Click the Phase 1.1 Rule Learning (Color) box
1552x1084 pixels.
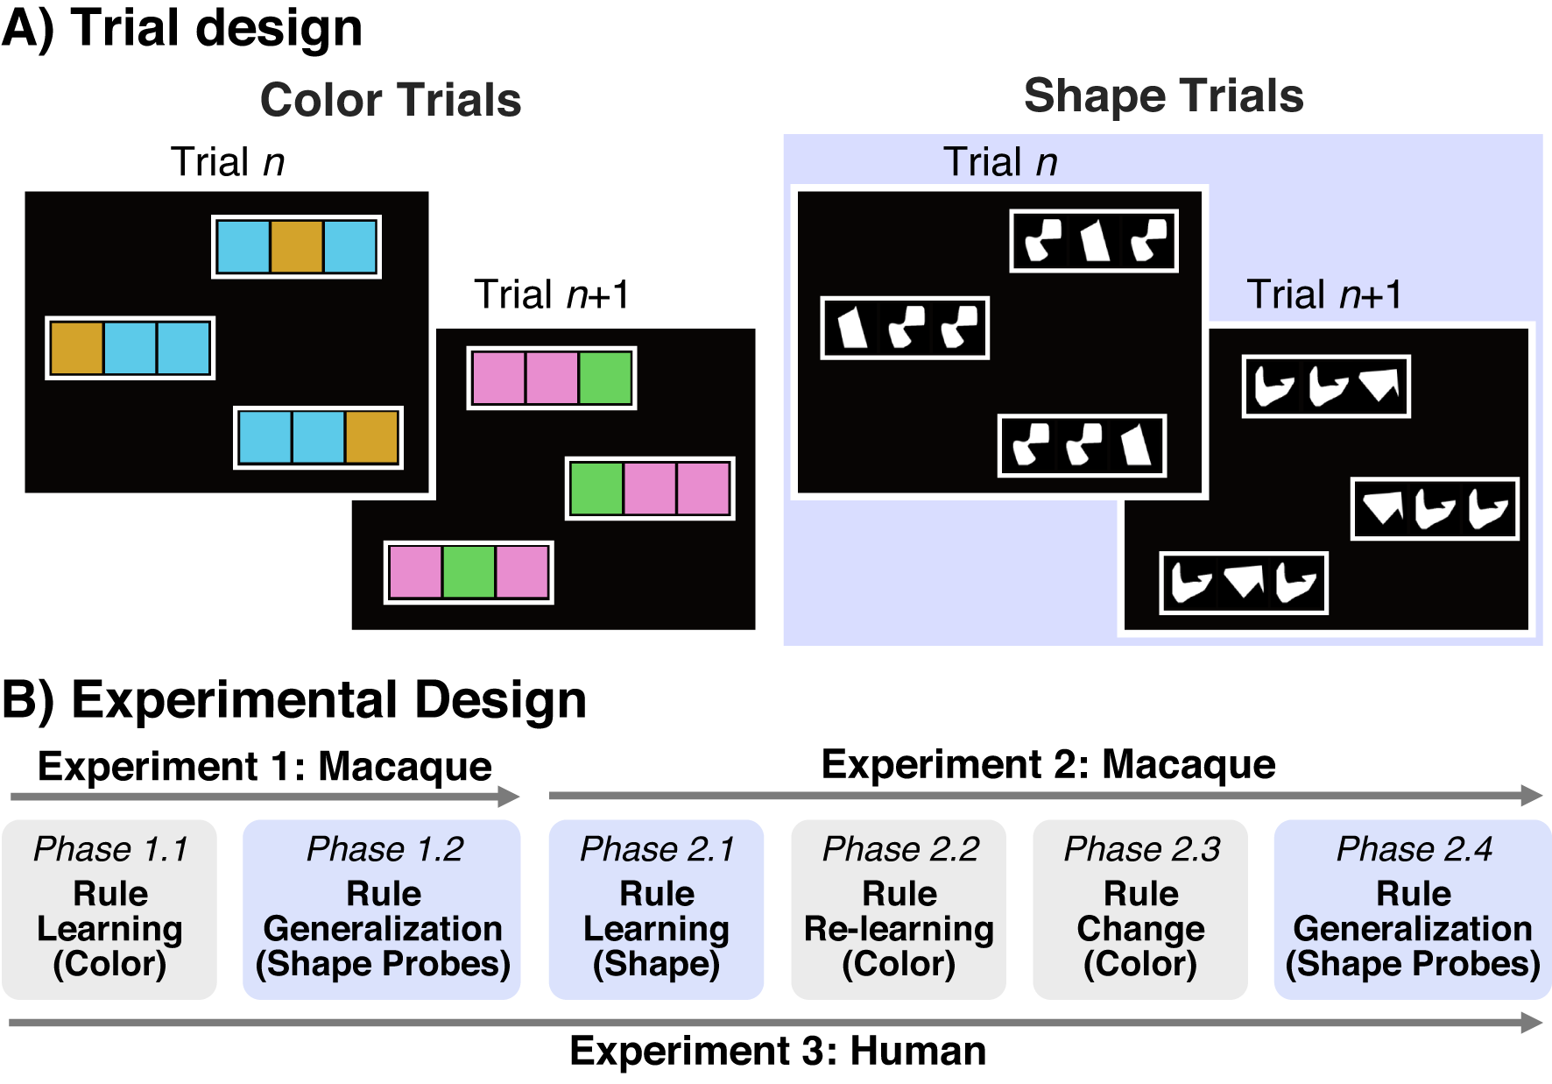coord(109,910)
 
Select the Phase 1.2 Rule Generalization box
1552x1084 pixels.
coord(382,910)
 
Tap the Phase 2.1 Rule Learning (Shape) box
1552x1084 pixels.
coord(656,910)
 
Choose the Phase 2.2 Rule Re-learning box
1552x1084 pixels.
coord(899,910)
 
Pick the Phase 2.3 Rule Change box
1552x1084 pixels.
coord(1140,910)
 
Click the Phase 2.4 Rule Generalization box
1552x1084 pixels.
coord(1413,910)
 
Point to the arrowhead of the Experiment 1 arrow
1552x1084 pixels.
coord(510,796)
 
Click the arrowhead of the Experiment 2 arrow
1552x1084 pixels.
coord(1533,795)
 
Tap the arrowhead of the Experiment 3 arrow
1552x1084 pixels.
coord(1533,1022)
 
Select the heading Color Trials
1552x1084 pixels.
coord(391,100)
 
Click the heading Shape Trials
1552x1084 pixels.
coord(1163,96)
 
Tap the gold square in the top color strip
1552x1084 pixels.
coord(296,247)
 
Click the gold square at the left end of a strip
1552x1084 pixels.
coord(77,348)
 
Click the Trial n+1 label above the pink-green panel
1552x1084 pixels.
coord(552,294)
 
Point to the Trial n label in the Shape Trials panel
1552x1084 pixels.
coord(1000,162)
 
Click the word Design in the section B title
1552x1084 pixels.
coord(500,700)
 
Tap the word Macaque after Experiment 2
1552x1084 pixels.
coord(1189,764)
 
